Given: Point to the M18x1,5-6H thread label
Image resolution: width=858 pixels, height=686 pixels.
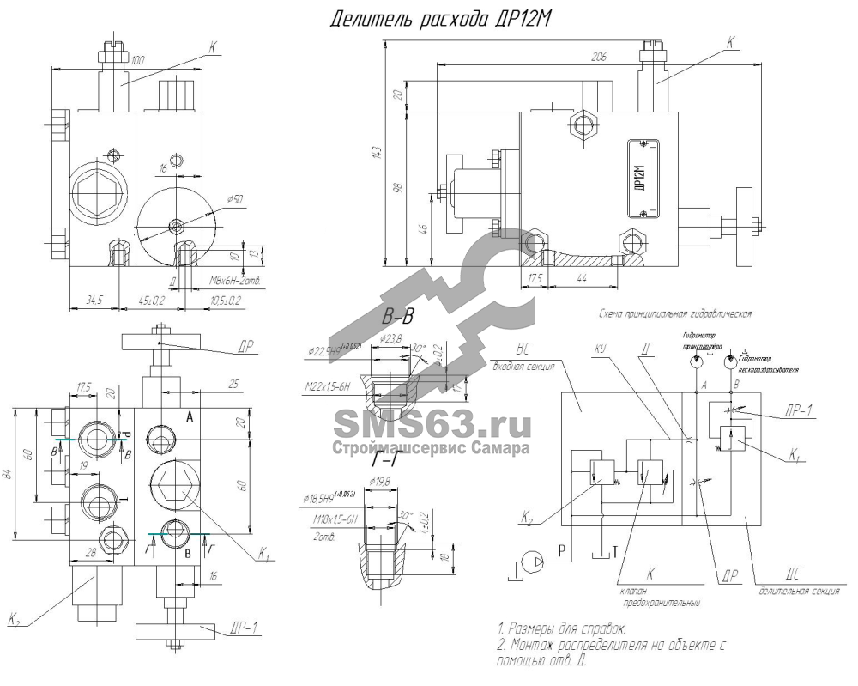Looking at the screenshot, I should (331, 520).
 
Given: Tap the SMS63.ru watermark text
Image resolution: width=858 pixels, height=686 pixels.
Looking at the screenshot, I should (429, 424).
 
